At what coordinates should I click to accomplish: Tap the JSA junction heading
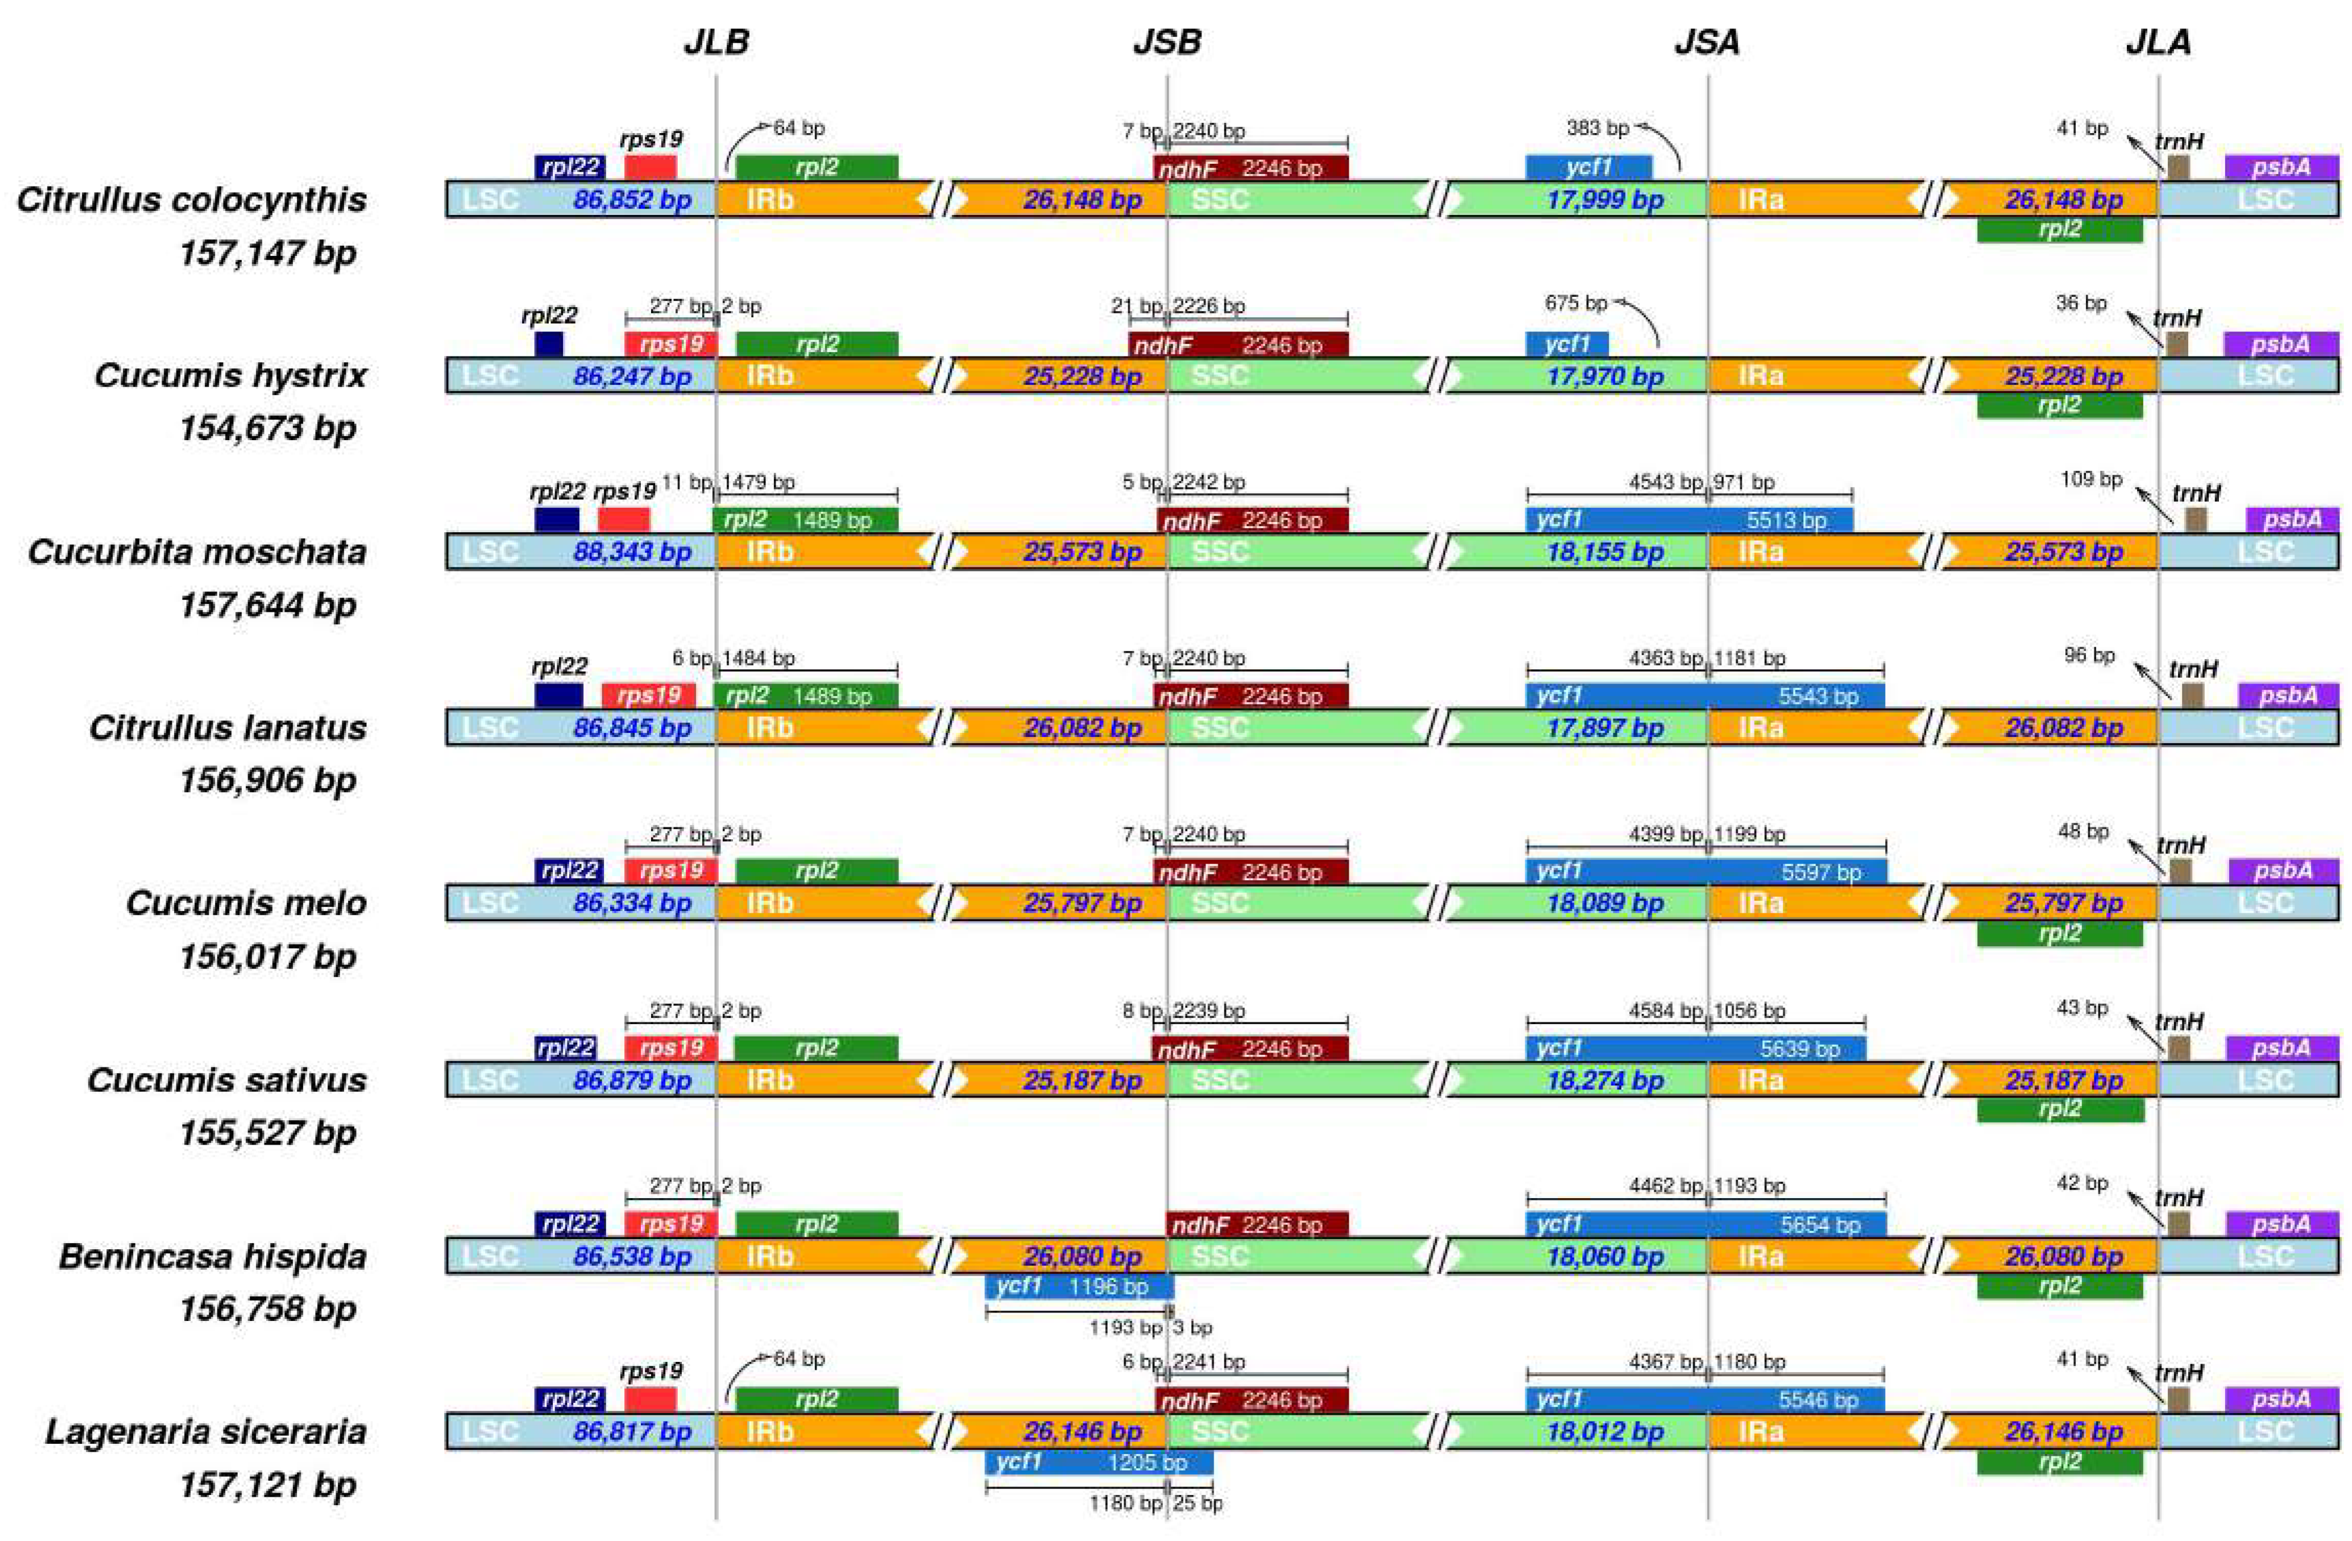click(x=1707, y=43)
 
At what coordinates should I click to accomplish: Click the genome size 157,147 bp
click(x=267, y=253)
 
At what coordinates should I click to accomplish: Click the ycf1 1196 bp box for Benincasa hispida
click(x=1079, y=1286)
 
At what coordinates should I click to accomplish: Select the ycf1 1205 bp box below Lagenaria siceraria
click(x=1098, y=1462)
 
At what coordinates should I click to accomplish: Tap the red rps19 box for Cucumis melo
click(x=671, y=871)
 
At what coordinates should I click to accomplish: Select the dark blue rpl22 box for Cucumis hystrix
click(x=548, y=344)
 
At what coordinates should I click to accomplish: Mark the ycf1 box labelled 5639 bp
click(x=1696, y=1048)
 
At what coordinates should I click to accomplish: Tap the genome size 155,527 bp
click(x=267, y=1133)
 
